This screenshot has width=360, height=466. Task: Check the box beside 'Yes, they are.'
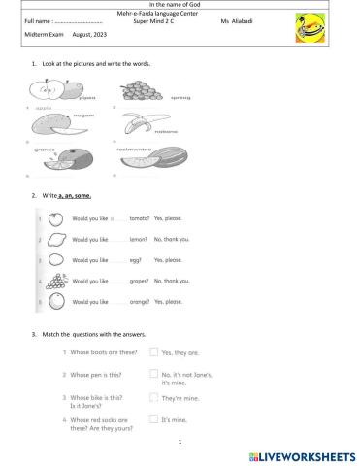(154, 351)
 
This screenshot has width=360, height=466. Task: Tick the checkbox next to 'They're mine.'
(154, 397)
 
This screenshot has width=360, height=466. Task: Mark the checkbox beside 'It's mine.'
(154, 418)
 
